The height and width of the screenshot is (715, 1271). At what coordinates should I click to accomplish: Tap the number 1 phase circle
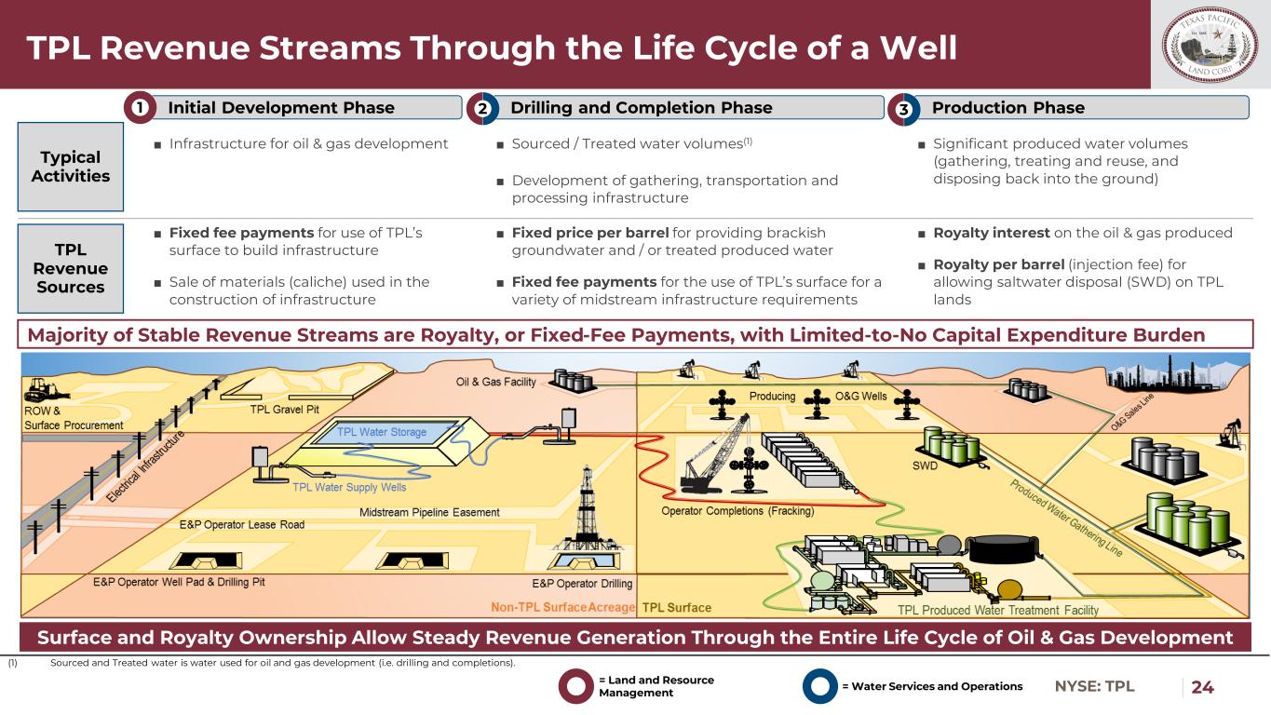tap(141, 108)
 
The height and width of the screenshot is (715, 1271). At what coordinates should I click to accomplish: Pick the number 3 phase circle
tap(903, 108)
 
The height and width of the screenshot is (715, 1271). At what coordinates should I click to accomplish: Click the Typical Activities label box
tap(71, 167)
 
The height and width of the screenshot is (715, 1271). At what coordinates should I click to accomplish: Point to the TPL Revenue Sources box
tap(71, 268)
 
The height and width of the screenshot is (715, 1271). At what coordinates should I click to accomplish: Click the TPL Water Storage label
tap(382, 432)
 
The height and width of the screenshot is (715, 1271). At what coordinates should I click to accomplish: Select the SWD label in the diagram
tap(924, 465)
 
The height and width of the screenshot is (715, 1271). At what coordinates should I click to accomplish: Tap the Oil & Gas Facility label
tap(495, 382)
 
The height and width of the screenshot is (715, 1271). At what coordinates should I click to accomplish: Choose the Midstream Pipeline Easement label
tap(429, 513)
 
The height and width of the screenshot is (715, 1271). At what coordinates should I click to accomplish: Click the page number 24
tap(1203, 687)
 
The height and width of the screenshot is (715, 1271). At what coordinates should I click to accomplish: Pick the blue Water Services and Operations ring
tap(819, 687)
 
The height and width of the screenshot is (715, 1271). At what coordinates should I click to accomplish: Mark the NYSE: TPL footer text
tap(1095, 687)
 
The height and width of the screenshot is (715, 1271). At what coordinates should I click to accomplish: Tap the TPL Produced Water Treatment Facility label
tap(997, 610)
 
